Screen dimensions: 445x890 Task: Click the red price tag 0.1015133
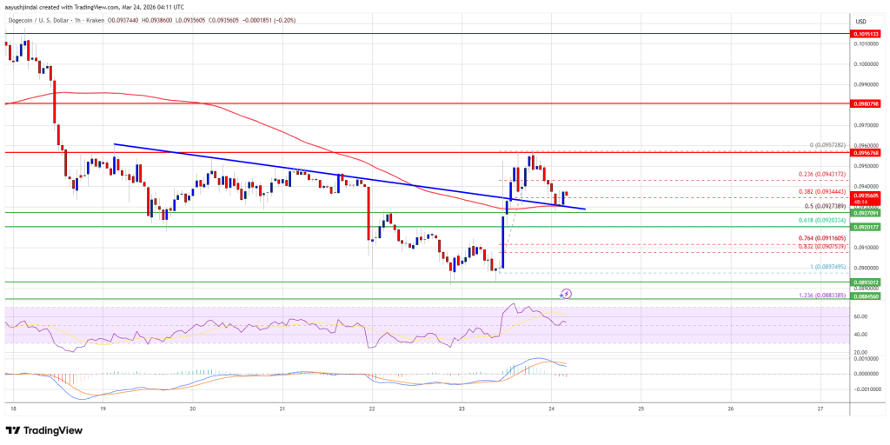coord(868,34)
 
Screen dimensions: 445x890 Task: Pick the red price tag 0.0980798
coord(868,103)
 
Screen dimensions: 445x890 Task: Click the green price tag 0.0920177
coord(868,227)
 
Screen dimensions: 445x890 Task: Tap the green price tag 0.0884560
coord(868,296)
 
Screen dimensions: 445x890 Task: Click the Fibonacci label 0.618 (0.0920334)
coord(820,221)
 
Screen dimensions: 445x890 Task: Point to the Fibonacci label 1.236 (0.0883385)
coord(820,296)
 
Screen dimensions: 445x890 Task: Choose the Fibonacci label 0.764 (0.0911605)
coord(820,238)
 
